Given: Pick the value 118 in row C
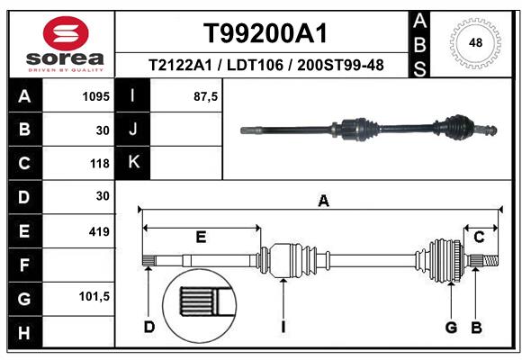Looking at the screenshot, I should (x=99, y=164).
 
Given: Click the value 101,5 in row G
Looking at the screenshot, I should (x=94, y=296).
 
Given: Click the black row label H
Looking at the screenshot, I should (x=23, y=333).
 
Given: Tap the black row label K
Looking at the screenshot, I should (x=132, y=163).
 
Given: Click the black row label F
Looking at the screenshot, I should (x=23, y=265).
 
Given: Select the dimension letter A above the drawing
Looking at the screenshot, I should (x=322, y=202).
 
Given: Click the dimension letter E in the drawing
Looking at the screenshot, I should (x=201, y=237).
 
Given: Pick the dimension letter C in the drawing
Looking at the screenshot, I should (x=480, y=237).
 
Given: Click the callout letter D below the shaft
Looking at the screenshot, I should (x=148, y=327).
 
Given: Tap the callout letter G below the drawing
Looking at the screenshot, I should (x=451, y=327).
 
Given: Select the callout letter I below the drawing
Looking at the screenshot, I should (x=283, y=327).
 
